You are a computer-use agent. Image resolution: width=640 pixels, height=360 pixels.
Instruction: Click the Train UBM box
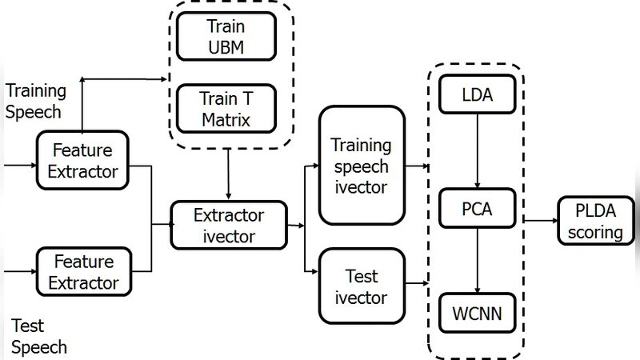coord(226,36)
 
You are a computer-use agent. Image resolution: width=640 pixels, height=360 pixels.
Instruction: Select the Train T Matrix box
coord(226,110)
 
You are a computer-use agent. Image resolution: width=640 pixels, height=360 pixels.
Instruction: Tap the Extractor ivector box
coord(229,226)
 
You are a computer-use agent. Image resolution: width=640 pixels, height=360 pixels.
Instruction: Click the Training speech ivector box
coord(361,166)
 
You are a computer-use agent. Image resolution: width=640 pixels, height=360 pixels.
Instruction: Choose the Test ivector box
coord(361,287)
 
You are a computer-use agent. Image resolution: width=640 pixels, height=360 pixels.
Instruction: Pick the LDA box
coord(478,96)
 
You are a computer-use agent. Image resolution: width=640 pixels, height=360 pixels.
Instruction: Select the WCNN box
coord(478,313)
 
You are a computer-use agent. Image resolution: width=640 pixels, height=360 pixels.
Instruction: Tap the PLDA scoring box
coord(599,222)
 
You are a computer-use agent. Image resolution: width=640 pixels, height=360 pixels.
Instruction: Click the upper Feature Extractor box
coord(82,160)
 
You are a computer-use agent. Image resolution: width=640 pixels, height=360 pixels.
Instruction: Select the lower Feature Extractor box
coord(82,271)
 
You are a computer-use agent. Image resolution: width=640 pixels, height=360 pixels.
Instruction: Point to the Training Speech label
coord(36,101)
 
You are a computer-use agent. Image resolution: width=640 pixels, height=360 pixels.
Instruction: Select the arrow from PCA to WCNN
coord(478,262)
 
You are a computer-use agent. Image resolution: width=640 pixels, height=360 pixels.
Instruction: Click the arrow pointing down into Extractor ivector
coord(229,176)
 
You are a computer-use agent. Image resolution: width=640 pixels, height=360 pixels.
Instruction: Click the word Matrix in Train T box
coord(226,121)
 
